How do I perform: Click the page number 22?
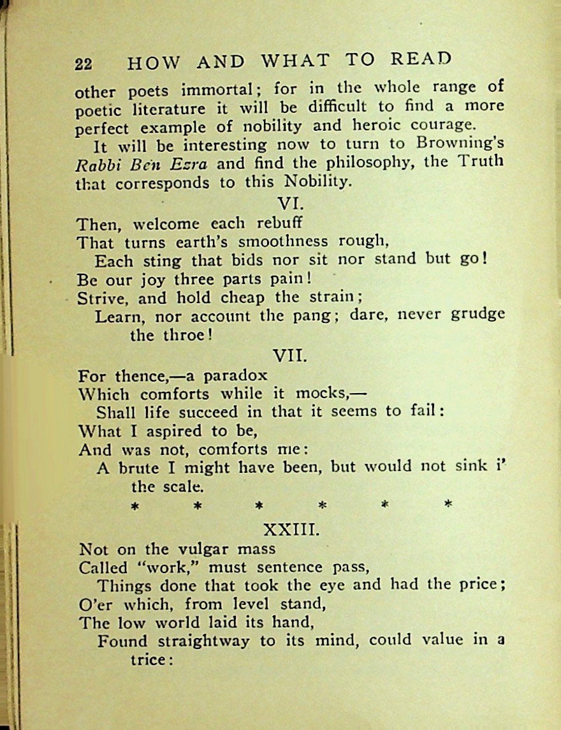(x=84, y=64)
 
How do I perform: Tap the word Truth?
(x=480, y=161)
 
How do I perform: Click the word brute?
(x=136, y=468)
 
